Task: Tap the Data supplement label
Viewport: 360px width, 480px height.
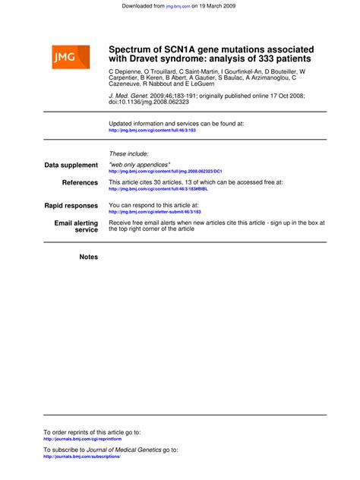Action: [71, 165]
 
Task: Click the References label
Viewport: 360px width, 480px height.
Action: [80, 182]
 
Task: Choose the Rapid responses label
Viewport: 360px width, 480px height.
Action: [71, 205]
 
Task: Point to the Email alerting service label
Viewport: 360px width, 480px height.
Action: [76, 226]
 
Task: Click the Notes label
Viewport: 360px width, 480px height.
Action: [89, 257]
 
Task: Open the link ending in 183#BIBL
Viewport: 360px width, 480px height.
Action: [158, 189]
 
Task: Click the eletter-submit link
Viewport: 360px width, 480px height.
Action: [155, 212]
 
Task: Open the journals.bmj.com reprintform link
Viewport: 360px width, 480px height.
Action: [83, 439]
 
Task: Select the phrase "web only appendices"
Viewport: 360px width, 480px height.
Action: [140, 164]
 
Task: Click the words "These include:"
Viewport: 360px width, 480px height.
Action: [129, 153]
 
